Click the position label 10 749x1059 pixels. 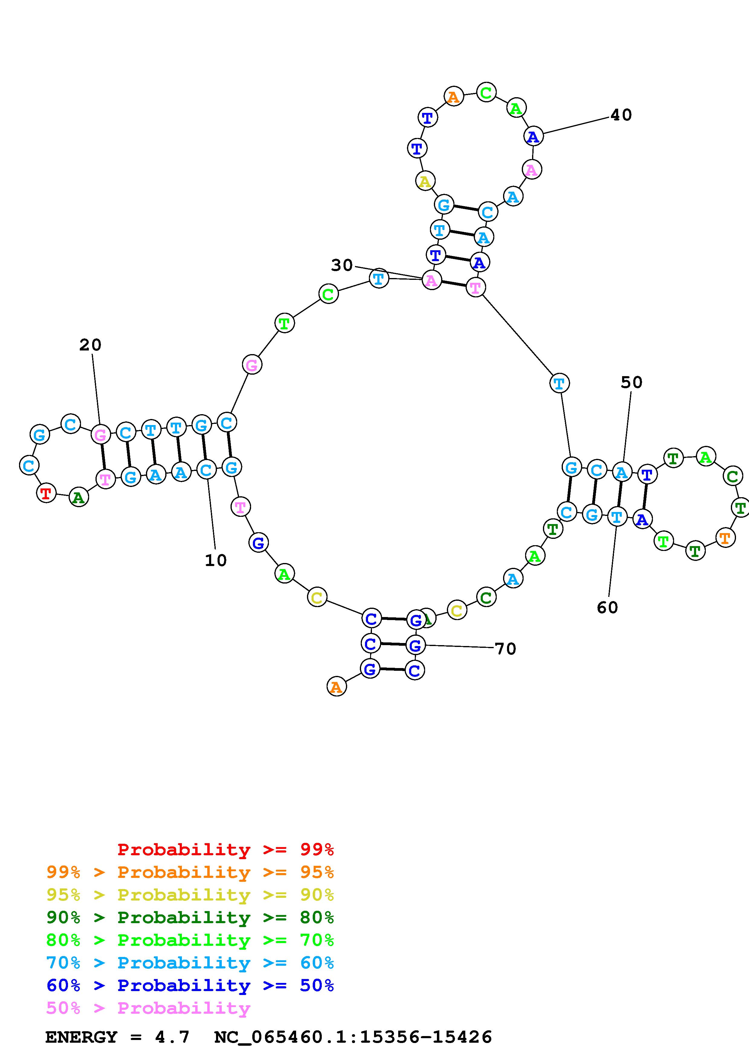point(215,560)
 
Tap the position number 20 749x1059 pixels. point(90,344)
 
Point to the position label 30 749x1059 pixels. point(341,265)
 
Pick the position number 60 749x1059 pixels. point(607,607)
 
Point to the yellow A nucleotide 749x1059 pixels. point(425,181)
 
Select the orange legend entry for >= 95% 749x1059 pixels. point(190,872)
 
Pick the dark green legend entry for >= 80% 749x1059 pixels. point(190,917)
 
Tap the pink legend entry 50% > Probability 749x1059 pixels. point(148,1008)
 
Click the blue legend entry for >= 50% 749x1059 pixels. point(190,986)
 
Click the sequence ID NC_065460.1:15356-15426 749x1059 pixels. point(353,1037)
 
